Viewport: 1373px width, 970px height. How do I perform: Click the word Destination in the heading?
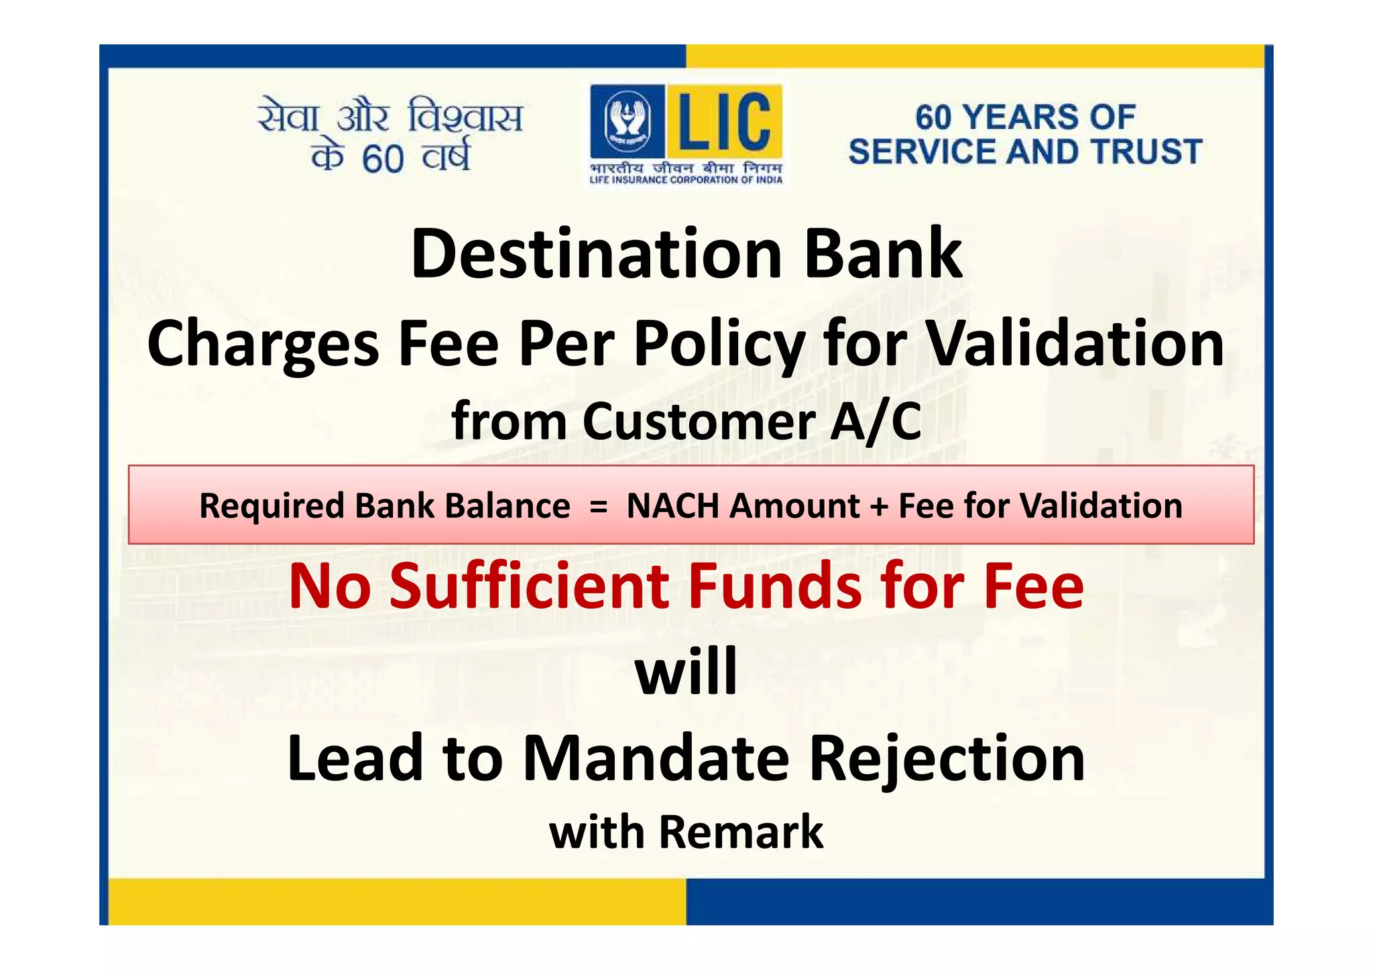point(596,255)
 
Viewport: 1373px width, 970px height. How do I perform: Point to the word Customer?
point(699,422)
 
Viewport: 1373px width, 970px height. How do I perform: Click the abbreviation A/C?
point(876,422)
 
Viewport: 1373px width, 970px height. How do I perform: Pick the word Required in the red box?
point(272,506)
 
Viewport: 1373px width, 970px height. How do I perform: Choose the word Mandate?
point(656,759)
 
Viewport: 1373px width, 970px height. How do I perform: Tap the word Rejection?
point(947,759)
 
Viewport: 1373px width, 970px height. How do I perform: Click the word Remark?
point(741,833)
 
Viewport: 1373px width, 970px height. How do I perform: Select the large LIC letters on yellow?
point(724,121)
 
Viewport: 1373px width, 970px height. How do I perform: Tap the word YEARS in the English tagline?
point(1022,117)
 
